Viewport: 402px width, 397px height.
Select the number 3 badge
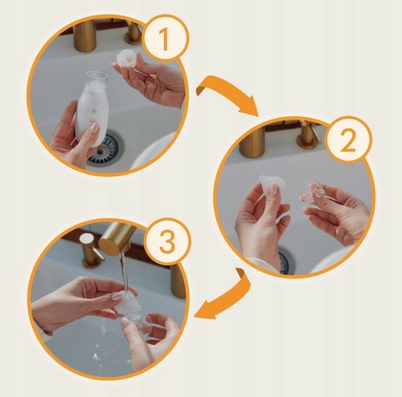[168, 241]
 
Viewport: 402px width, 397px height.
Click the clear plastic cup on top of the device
[96, 80]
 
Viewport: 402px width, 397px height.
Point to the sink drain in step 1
[105, 149]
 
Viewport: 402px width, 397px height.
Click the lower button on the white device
[93, 121]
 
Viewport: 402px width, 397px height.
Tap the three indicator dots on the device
[95, 104]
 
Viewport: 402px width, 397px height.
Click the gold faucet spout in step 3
[116, 238]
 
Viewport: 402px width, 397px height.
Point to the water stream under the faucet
[125, 273]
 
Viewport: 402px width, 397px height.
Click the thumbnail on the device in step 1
[95, 128]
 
